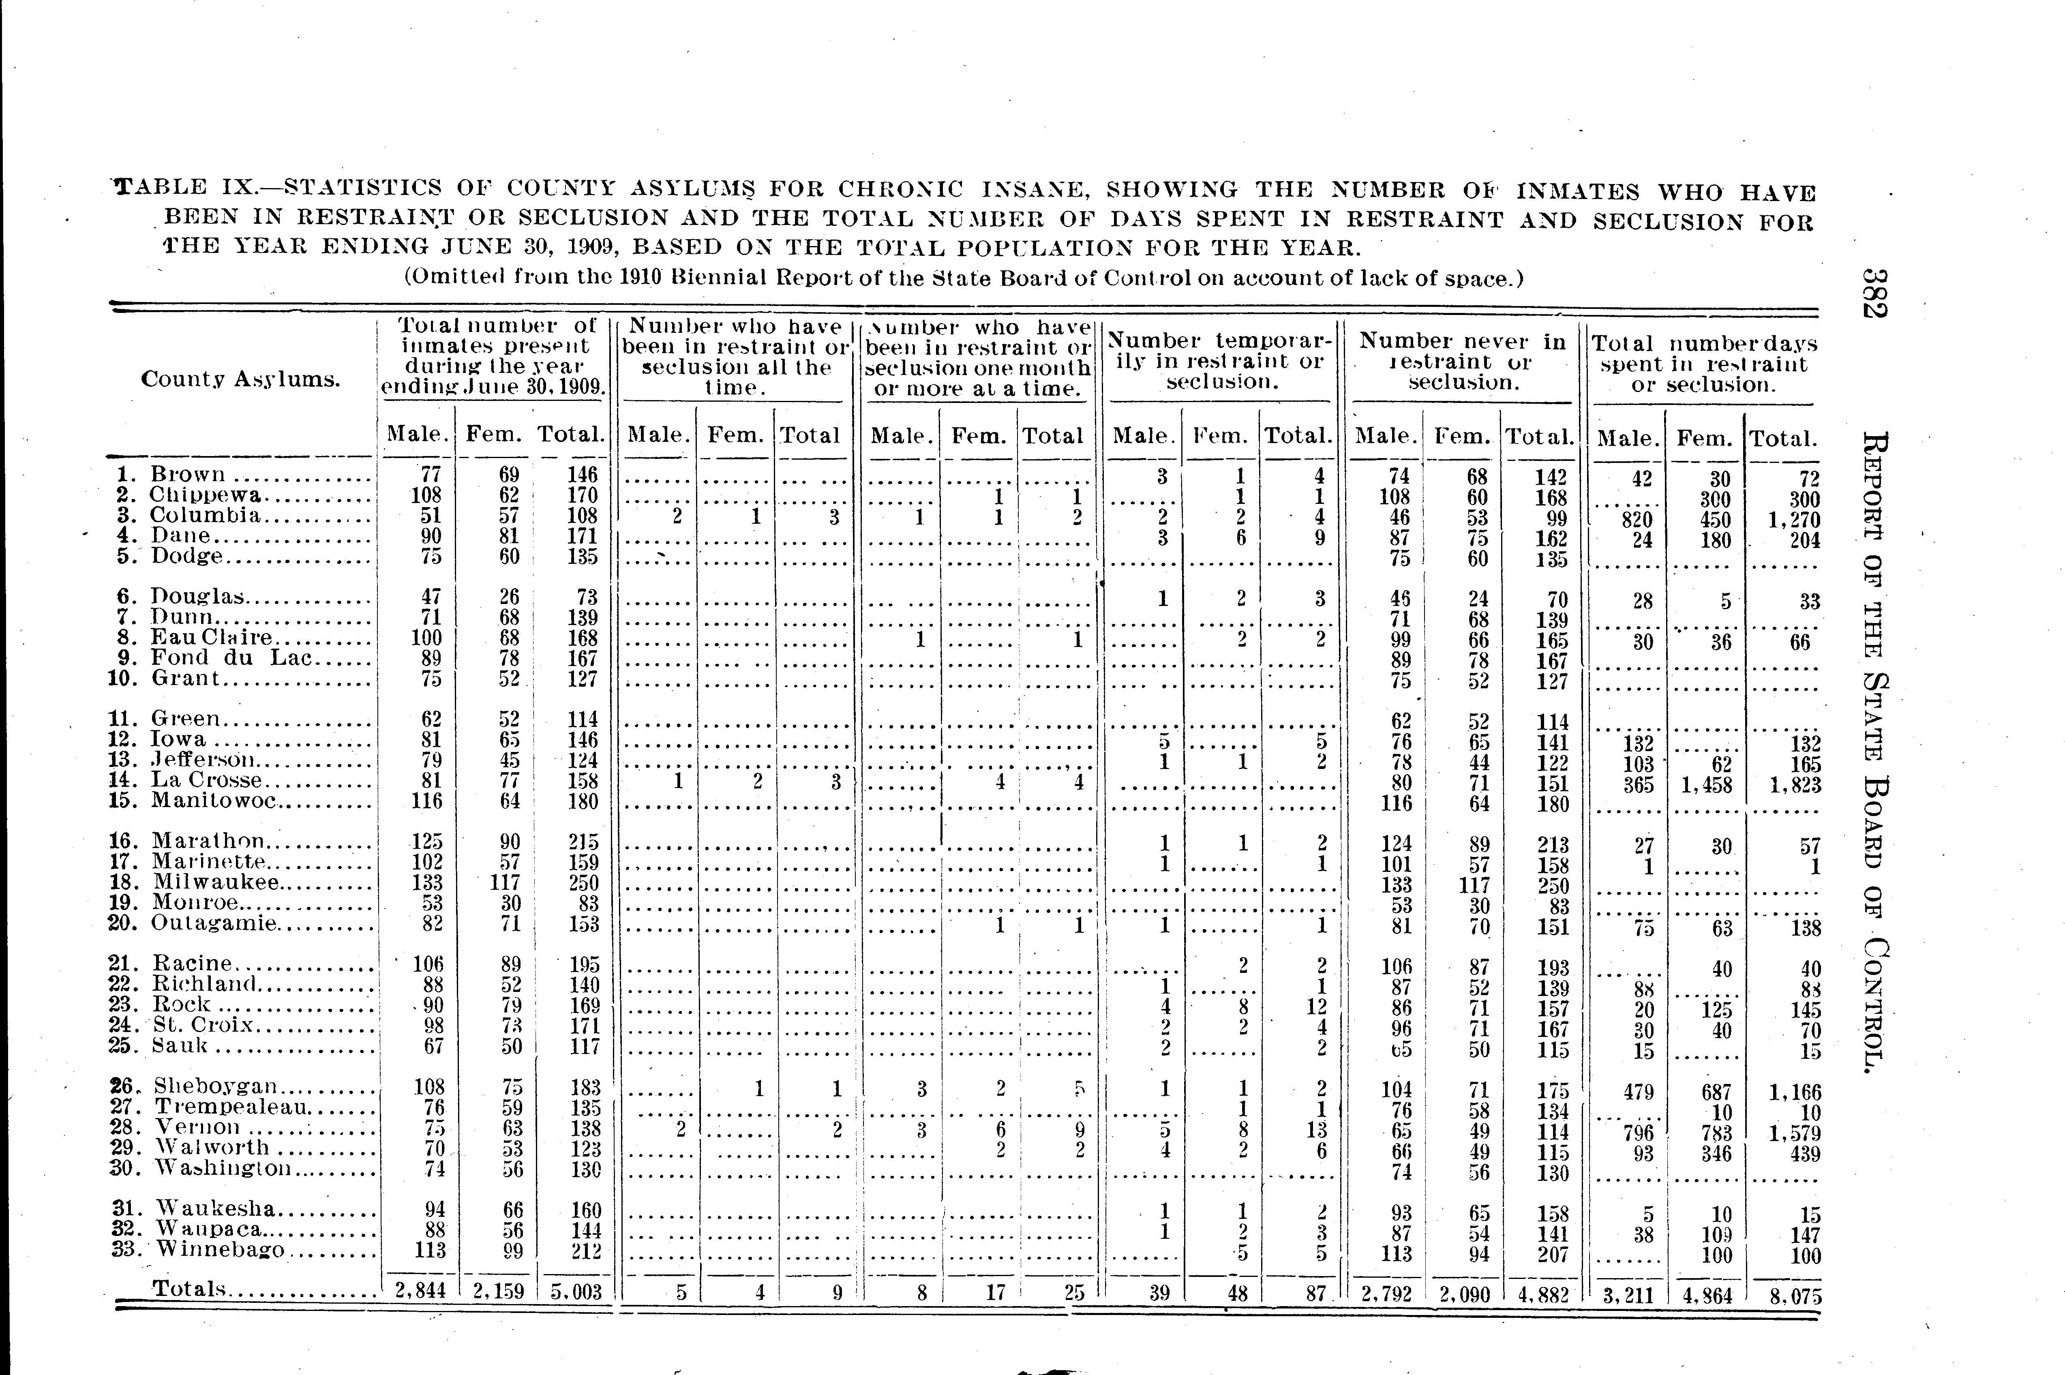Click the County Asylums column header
(240, 380)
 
